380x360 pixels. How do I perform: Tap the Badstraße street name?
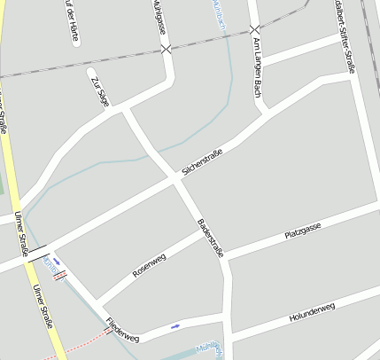point(211,238)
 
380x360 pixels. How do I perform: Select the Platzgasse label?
point(302,231)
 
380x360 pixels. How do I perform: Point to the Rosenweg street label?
point(149,266)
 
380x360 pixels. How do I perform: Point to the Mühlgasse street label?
point(159,14)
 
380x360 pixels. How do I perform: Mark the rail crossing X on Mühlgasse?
point(166,49)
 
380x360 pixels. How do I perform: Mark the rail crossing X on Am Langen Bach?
point(255,30)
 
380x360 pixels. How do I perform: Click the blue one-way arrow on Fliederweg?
point(175,325)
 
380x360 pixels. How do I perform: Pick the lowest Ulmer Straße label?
point(43,307)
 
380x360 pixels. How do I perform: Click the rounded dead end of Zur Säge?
point(91,70)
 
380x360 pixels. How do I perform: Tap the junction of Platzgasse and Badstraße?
point(224,259)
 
